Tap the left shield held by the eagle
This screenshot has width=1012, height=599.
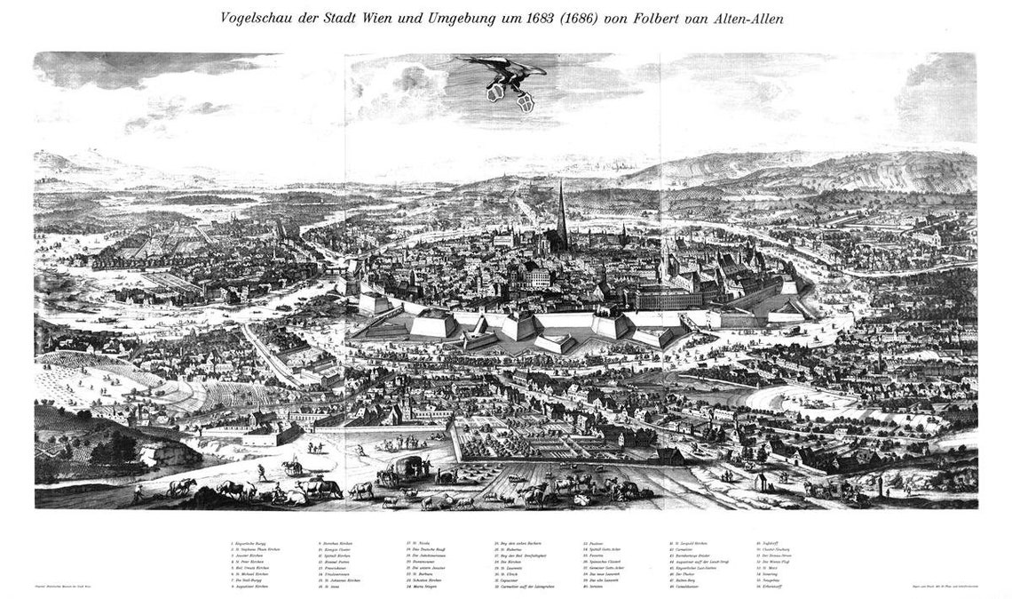(495, 92)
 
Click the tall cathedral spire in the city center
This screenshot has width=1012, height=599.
(561, 213)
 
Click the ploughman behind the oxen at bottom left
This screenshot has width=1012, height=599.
(138, 490)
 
